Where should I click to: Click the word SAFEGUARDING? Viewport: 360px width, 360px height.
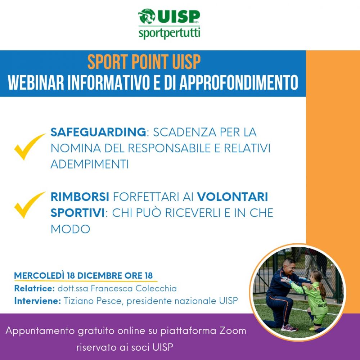[98, 132]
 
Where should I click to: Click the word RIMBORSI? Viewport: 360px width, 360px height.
[80, 197]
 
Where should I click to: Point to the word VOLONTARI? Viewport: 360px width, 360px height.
[232, 197]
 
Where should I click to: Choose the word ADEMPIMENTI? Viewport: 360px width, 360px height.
[90, 164]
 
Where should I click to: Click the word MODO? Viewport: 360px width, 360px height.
[70, 229]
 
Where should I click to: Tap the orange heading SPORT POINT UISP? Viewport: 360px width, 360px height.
[144, 62]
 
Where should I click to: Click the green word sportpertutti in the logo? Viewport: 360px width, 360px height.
[169, 33]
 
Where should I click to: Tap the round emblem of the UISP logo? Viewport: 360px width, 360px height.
[147, 16]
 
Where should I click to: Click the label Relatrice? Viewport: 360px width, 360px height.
[35, 288]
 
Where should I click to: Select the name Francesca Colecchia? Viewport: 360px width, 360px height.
[134, 288]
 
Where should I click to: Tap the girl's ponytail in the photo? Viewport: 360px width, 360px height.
[322, 289]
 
